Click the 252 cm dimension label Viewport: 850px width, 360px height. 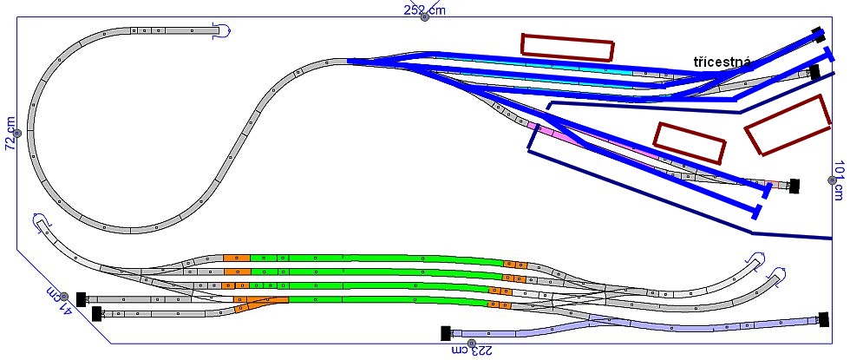[x=424, y=10]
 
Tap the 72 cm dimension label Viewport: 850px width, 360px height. [x=10, y=133]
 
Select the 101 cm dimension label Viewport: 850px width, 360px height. [x=840, y=180]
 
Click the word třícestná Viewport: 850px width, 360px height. [x=722, y=62]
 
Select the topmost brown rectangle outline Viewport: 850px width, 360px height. [x=567, y=47]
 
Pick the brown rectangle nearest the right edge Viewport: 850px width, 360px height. [x=788, y=125]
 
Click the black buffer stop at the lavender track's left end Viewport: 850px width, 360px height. [x=446, y=333]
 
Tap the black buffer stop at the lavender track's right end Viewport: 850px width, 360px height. [x=824, y=319]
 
